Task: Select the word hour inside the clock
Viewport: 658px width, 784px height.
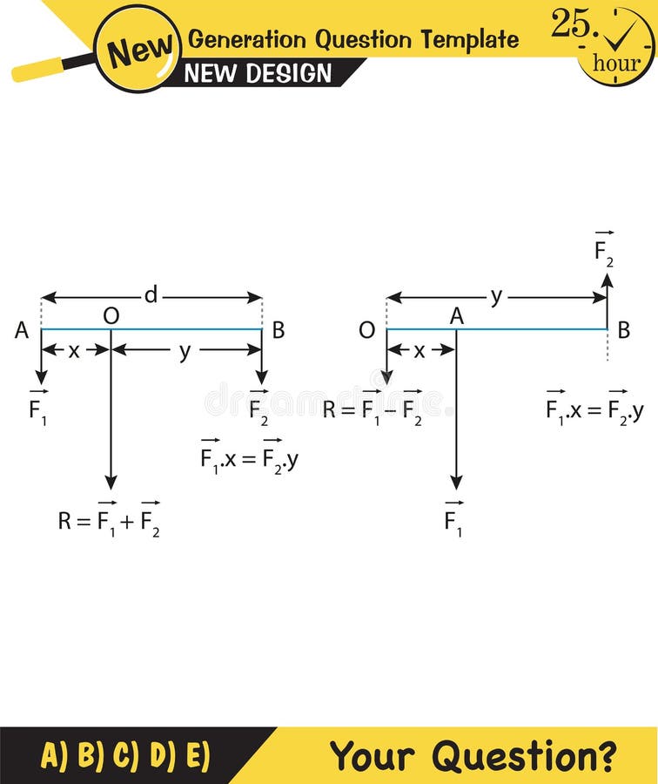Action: [616, 63]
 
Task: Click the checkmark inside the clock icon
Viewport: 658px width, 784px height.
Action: [621, 35]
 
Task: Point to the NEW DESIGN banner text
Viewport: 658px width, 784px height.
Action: [258, 74]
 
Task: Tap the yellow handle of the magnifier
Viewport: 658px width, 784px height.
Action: [39, 70]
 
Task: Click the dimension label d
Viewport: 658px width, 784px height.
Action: [151, 296]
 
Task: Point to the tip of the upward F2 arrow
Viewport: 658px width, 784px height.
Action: [608, 275]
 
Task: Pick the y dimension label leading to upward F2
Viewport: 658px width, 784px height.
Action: [496, 296]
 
